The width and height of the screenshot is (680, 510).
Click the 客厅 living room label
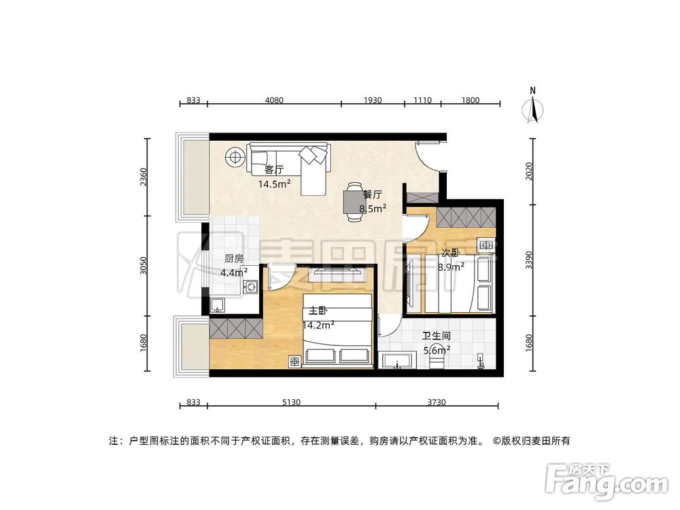click(273, 170)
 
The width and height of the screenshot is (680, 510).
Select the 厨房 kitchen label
click(233, 258)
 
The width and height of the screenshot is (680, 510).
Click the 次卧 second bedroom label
click(452, 253)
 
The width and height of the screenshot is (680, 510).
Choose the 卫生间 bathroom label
click(437, 336)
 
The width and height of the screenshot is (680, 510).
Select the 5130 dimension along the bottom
click(291, 403)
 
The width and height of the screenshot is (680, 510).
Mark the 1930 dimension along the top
click(373, 101)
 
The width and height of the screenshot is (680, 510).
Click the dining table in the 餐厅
click(353, 202)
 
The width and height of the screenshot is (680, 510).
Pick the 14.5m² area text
click(275, 184)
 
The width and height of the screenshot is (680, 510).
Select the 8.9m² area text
click(452, 267)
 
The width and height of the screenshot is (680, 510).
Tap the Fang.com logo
click(609, 481)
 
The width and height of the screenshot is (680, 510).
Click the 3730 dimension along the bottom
click(437, 403)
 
